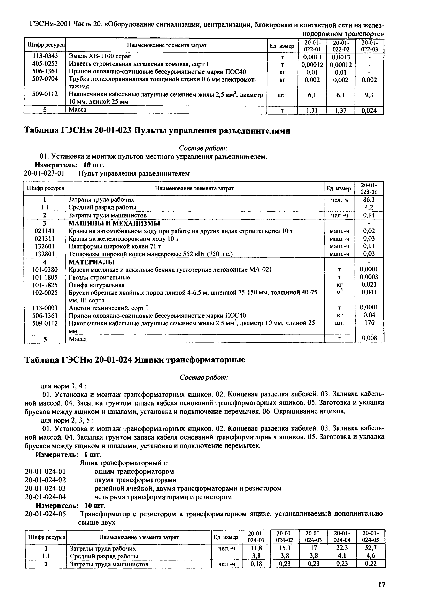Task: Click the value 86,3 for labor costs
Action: tap(369, 199)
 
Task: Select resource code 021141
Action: tap(44, 231)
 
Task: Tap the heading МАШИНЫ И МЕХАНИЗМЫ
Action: tap(114, 223)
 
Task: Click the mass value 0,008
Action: tap(369, 338)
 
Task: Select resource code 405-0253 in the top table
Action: tap(45, 64)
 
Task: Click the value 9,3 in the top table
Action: tap(369, 95)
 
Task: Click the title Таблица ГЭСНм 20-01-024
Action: tap(135, 360)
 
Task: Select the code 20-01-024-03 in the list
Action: tap(45, 489)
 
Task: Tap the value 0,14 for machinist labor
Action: tap(369, 215)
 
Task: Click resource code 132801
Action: tap(44, 254)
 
